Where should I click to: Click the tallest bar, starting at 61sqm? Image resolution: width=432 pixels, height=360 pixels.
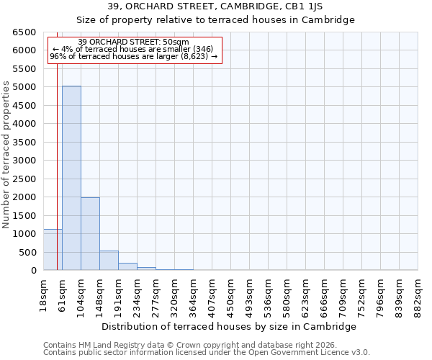pyautogui.click(x=71, y=178)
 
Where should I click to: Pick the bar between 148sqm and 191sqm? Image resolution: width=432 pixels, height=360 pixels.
pyautogui.click(x=109, y=260)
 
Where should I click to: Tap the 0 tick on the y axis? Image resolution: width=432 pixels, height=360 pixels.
pyautogui.click(x=33, y=271)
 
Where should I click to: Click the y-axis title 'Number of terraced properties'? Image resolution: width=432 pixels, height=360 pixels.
pyautogui.click(x=7, y=155)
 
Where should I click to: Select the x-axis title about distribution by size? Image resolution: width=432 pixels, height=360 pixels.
pyautogui.click(x=229, y=326)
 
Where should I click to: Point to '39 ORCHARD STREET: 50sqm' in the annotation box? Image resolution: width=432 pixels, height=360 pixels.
pyautogui.click(x=133, y=42)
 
